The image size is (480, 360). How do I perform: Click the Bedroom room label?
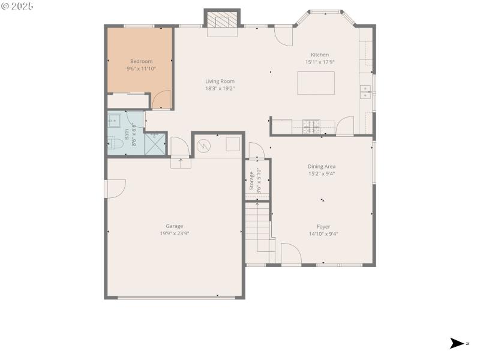coord(141,61)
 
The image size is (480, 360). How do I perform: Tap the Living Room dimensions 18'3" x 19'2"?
coord(220,88)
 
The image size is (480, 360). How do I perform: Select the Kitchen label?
coord(319,55)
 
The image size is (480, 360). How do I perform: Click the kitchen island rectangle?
coord(316,83)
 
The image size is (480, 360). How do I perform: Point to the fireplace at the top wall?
coord(222,20)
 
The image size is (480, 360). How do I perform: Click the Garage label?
coord(175,226)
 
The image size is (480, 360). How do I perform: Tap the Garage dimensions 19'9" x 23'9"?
coord(175,233)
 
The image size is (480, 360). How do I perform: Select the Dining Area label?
coord(322,166)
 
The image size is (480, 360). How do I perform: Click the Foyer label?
coord(323,226)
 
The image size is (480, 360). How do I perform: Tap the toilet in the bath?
coord(113,143)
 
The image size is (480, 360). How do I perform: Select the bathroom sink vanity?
coord(114,120)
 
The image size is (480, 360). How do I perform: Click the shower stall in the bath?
coord(155,144)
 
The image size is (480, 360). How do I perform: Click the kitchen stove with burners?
coord(311,126)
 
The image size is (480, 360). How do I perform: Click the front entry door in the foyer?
coord(291,254)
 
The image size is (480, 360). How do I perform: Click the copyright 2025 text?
coord(17,5)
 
